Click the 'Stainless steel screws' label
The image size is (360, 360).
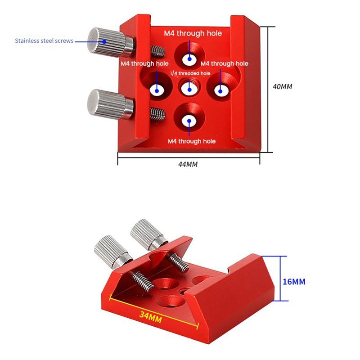tap(44, 41)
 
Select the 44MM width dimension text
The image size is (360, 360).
tap(188, 164)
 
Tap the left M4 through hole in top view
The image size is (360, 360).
tap(157, 90)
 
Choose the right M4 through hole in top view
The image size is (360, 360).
tap(220, 90)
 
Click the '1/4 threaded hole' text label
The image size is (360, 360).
tap(189, 73)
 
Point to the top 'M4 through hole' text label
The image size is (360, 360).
tap(192, 33)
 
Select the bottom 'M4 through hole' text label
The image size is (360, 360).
tap(192, 141)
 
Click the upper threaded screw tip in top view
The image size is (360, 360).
tap(157, 50)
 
